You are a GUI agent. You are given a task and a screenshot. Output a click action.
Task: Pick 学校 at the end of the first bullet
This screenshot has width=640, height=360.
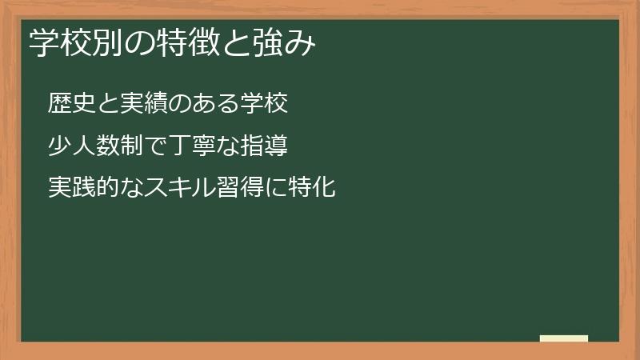pos(263,104)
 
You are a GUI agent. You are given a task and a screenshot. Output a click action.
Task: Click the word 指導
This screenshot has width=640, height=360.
pos(263,146)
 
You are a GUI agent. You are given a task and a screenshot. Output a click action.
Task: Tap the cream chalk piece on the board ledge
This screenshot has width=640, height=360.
pos(564,338)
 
